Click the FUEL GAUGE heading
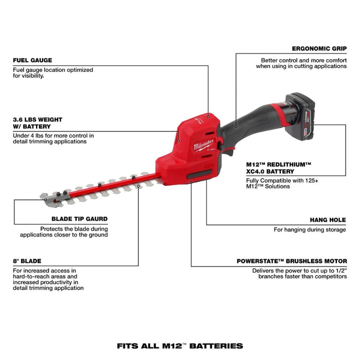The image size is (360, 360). (32, 60)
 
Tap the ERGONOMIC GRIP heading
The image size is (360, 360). (318, 49)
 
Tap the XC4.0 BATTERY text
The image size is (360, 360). (271, 171)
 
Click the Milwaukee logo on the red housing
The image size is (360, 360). (203, 145)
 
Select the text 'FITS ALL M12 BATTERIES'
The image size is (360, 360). (179, 346)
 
